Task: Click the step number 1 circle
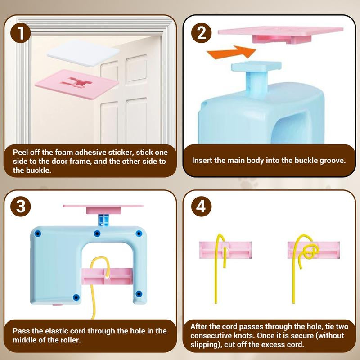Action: coord(21,33)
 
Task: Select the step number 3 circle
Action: coord(21,206)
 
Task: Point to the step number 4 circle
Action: coord(201,206)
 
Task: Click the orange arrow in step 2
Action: coord(231,52)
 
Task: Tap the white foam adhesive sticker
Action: coord(83,54)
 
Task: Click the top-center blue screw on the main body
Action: coord(97,234)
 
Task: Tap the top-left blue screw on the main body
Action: coord(37,234)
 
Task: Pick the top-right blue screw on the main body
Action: coord(139,234)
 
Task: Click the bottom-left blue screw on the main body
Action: coord(76,297)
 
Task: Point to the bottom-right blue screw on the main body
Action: coord(139,294)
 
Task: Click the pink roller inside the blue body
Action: coord(107,276)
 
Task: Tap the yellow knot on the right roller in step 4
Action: coord(310,251)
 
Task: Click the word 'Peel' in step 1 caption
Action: coord(20,152)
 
